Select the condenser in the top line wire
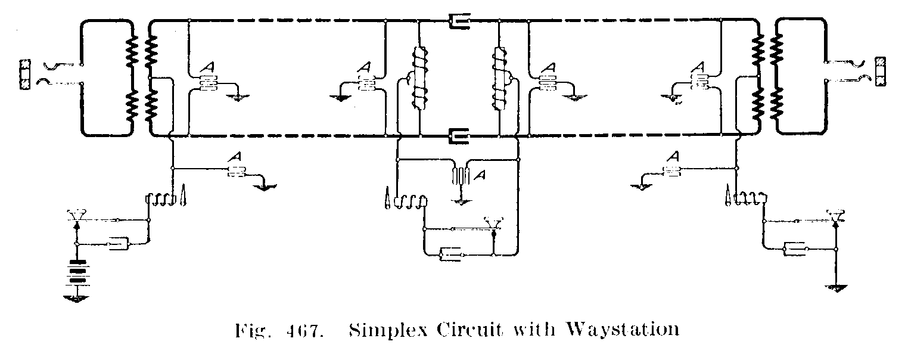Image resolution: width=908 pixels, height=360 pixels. [458, 23]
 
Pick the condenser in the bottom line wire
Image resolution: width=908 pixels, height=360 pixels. [458, 136]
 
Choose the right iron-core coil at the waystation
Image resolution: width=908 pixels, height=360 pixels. [498, 80]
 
